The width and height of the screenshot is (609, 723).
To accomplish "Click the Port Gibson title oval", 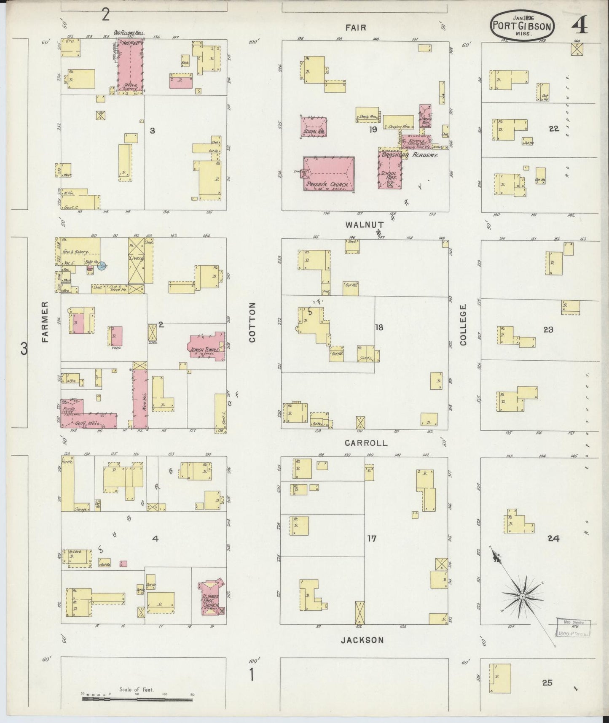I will (522, 25).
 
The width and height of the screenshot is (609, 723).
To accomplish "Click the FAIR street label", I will (356, 28).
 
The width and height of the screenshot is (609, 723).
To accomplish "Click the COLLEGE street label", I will (464, 325).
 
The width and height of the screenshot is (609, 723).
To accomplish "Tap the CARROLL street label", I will (366, 443).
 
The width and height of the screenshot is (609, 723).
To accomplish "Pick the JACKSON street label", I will (362, 640).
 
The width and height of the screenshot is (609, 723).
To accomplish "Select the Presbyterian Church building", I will (329, 174).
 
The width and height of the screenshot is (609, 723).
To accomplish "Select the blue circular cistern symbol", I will (102, 266).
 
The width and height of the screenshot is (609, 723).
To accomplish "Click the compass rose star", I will (522, 596).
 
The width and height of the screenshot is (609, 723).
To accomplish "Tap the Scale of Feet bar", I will (137, 699).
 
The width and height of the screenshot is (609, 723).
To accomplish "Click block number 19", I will (373, 130).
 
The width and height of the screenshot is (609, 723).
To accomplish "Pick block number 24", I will (553, 538).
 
